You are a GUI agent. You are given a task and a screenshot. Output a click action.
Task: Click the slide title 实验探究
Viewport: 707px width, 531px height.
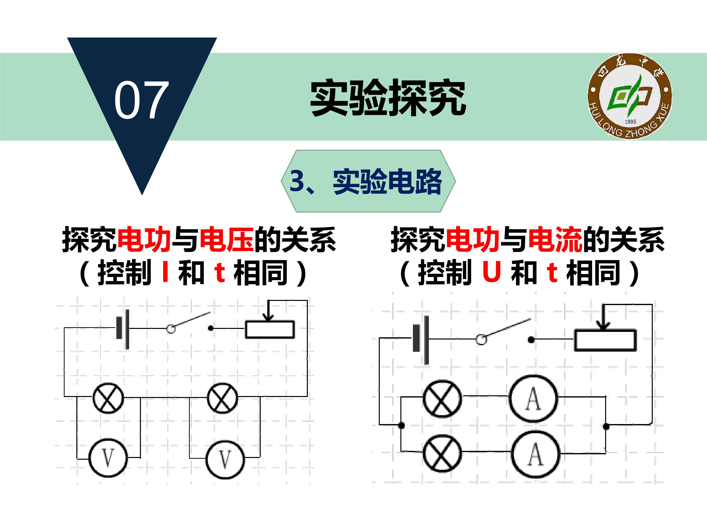[388, 97]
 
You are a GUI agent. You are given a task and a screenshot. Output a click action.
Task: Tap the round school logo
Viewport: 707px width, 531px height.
[630, 96]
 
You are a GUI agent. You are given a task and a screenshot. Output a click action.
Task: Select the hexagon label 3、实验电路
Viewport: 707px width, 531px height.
[368, 181]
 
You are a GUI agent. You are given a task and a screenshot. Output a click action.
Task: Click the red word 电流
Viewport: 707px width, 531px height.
[556, 239]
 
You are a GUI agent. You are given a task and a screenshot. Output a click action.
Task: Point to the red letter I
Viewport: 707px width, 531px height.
[165, 271]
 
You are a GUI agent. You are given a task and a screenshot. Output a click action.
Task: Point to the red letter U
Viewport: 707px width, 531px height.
[491, 271]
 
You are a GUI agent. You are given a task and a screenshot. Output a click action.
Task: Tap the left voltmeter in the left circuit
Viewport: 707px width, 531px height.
[108, 458]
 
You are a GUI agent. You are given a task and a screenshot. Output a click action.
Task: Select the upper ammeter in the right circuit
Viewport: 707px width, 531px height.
[533, 398]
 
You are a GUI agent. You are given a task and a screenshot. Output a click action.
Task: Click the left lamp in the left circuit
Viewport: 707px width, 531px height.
[108, 398]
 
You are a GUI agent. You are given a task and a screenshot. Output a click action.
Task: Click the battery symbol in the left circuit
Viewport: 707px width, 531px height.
[123, 329]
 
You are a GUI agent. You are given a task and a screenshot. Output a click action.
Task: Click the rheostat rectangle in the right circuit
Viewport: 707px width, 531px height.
[605, 340]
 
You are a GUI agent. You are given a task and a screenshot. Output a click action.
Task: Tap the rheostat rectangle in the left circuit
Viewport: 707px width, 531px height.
[270, 329]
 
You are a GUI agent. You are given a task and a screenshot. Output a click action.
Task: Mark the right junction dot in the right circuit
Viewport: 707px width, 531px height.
[606, 426]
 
